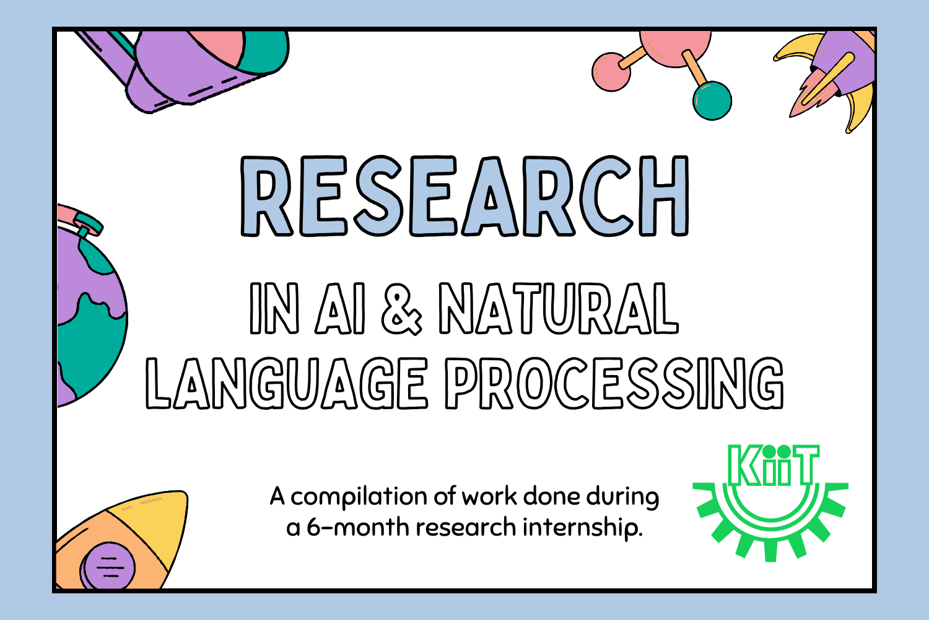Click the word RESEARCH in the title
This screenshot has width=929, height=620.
(464, 196)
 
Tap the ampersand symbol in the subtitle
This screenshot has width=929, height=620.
(401, 309)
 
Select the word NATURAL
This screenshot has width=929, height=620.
(559, 309)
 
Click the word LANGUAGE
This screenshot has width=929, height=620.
(287, 383)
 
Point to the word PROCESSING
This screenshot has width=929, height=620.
(614, 383)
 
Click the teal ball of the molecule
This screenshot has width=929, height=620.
(712, 100)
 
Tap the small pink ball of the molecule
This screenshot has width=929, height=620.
(611, 72)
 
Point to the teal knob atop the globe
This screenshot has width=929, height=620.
(88, 223)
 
